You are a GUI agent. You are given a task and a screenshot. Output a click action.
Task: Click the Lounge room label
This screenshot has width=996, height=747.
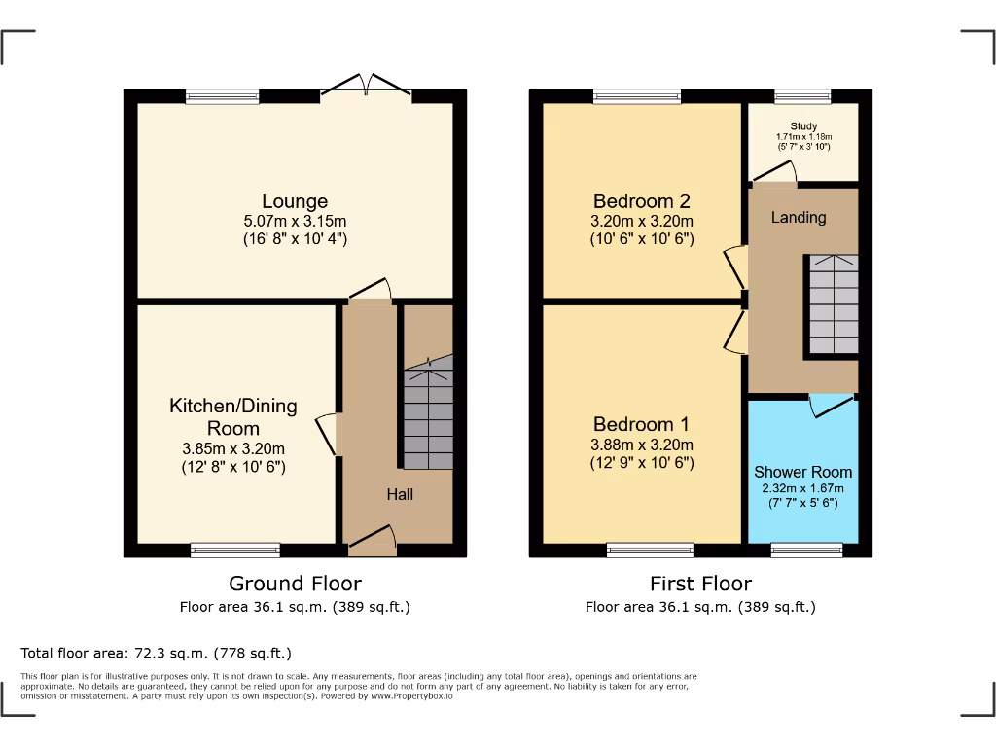click(x=295, y=201)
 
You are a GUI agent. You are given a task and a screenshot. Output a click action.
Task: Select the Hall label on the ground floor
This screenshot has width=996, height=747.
click(x=400, y=494)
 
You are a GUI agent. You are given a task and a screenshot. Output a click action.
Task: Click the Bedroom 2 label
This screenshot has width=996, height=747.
click(x=642, y=201)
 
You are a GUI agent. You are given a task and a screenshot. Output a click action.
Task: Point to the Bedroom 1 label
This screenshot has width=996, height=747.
click(x=642, y=424)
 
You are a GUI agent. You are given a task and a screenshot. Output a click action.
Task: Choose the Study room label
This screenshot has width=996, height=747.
click(x=803, y=126)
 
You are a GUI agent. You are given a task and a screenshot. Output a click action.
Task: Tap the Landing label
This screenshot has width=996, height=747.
click(x=799, y=217)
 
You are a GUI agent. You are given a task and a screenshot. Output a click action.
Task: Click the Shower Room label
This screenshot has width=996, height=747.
click(x=802, y=472)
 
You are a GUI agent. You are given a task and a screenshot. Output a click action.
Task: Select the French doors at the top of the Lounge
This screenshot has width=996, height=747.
click(x=366, y=88)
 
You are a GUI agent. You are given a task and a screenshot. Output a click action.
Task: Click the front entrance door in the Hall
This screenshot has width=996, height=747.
click(x=373, y=540)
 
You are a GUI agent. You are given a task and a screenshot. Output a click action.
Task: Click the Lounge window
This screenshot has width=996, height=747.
click(x=223, y=96)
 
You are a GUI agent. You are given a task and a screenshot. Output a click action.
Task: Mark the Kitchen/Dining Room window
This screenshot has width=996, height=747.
click(x=235, y=551)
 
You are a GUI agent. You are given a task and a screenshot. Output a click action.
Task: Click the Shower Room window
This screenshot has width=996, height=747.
click(x=806, y=551)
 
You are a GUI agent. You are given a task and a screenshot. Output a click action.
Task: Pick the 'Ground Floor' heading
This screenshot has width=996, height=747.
click(x=295, y=584)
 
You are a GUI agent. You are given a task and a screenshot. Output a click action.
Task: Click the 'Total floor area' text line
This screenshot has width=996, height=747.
click(x=156, y=653)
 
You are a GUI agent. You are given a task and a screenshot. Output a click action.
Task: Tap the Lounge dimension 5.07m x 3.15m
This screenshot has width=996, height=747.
click(x=295, y=221)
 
